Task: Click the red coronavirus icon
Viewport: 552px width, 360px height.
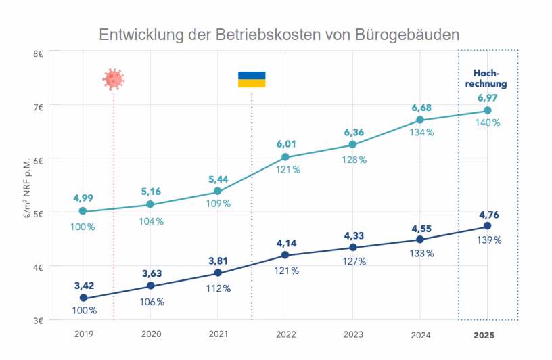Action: pyautogui.click(x=114, y=79)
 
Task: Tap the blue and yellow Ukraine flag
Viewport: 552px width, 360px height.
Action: pyautogui.click(x=252, y=79)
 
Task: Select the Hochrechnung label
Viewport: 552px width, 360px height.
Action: pyautogui.click(x=487, y=80)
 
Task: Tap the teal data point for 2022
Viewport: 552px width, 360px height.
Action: pyautogui.click(x=285, y=157)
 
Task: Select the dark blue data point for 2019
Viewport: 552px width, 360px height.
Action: pyautogui.click(x=83, y=298)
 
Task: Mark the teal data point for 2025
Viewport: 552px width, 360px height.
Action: pyautogui.click(x=487, y=110)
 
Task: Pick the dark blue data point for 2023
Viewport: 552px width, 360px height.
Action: pyautogui.click(x=352, y=247)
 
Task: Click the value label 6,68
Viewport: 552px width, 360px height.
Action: pyautogui.click(x=421, y=108)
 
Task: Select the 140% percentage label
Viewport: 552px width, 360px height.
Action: pyautogui.click(x=488, y=123)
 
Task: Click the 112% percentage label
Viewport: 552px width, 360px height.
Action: pyautogui.click(x=218, y=288)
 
